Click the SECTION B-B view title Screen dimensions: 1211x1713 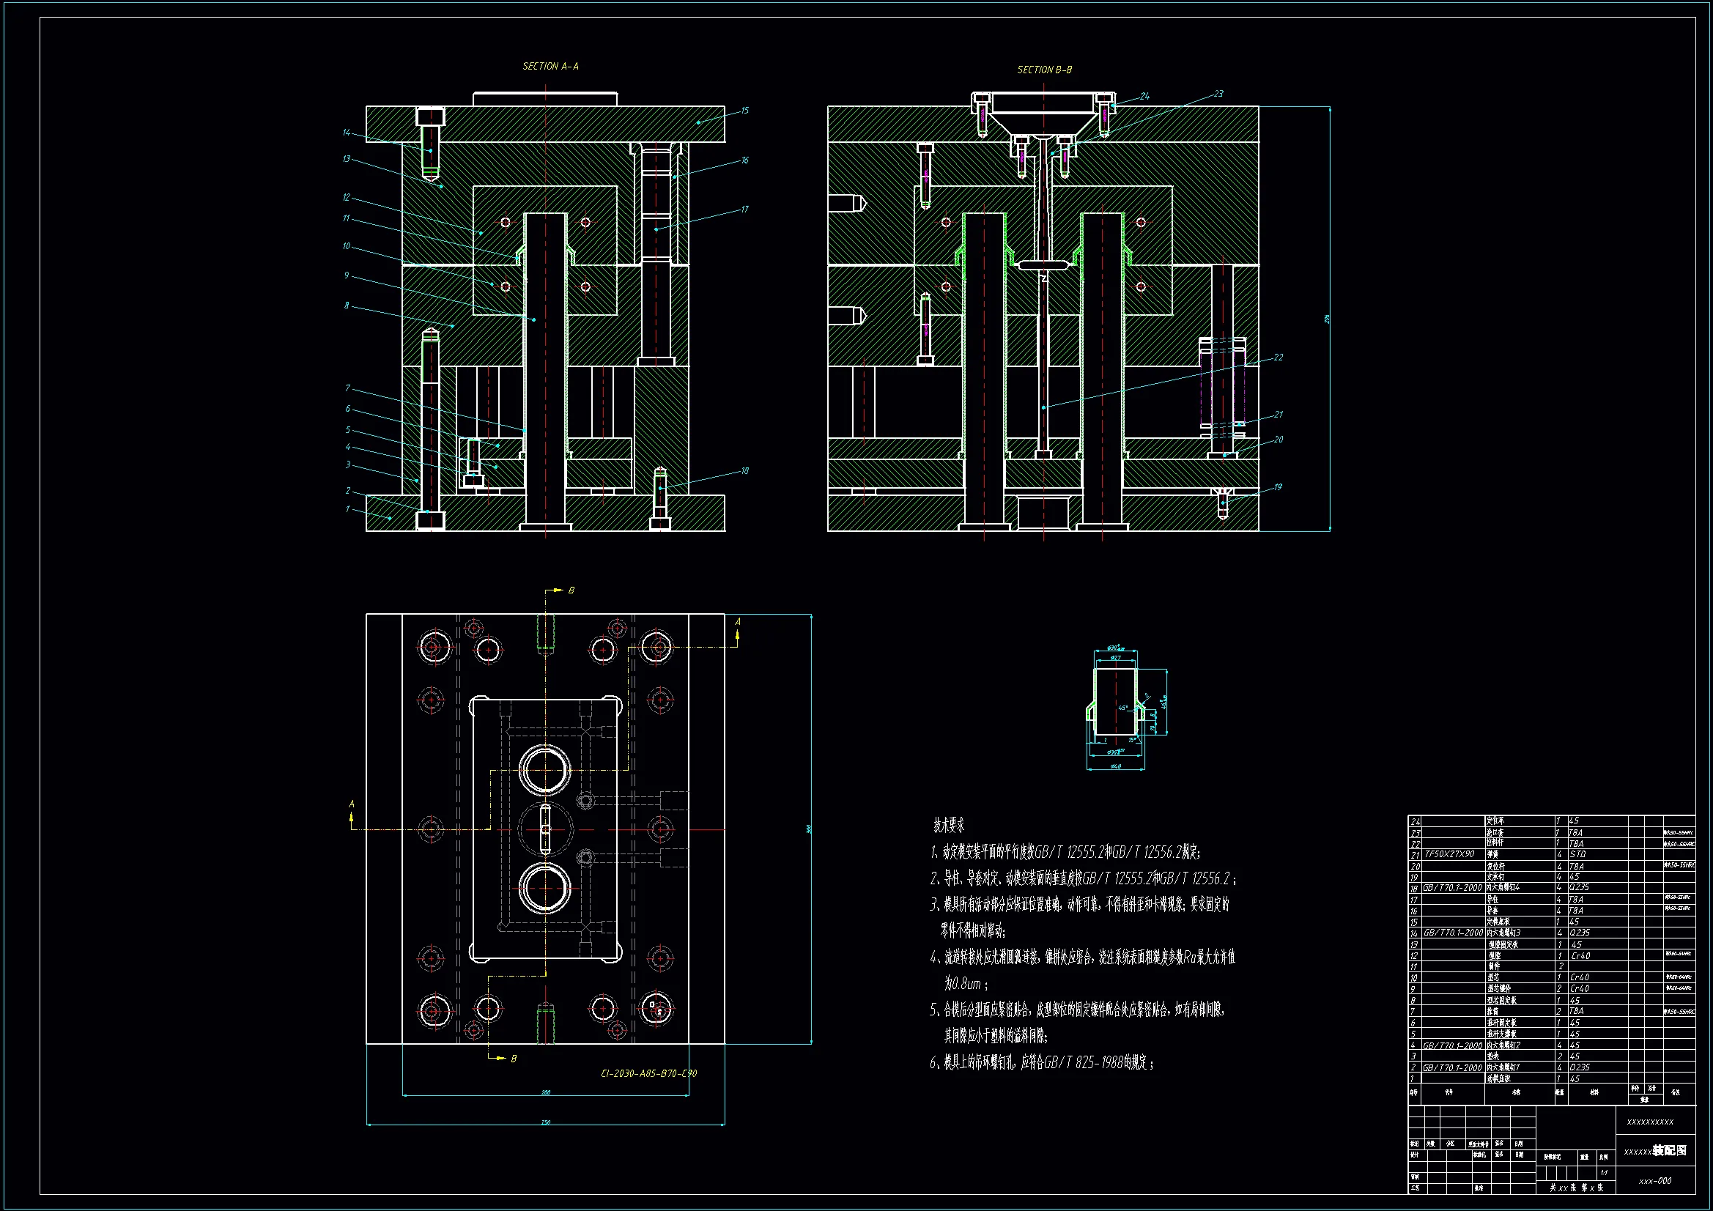[x=1045, y=70]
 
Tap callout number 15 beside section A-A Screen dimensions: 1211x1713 [x=744, y=111]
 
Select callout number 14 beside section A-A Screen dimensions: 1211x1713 [x=346, y=133]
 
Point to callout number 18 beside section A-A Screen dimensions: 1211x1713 [x=744, y=471]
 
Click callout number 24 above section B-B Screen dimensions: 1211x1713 [x=1144, y=96]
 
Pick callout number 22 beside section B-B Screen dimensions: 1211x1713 [x=1278, y=358]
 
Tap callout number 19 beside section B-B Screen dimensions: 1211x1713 [x=1278, y=487]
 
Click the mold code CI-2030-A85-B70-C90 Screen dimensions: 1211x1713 [x=648, y=1074]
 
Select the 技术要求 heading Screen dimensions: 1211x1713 [x=949, y=825]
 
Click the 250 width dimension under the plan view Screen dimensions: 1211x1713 [x=545, y=1122]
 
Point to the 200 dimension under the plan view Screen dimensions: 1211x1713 [x=545, y=1093]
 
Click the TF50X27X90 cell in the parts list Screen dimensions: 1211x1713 [x=1449, y=854]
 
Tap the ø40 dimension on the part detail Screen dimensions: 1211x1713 [x=1115, y=766]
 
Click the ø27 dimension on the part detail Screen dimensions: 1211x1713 [x=1115, y=657]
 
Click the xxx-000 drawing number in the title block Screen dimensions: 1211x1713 [x=1655, y=1181]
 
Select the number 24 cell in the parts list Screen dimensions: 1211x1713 [x=1415, y=821]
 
